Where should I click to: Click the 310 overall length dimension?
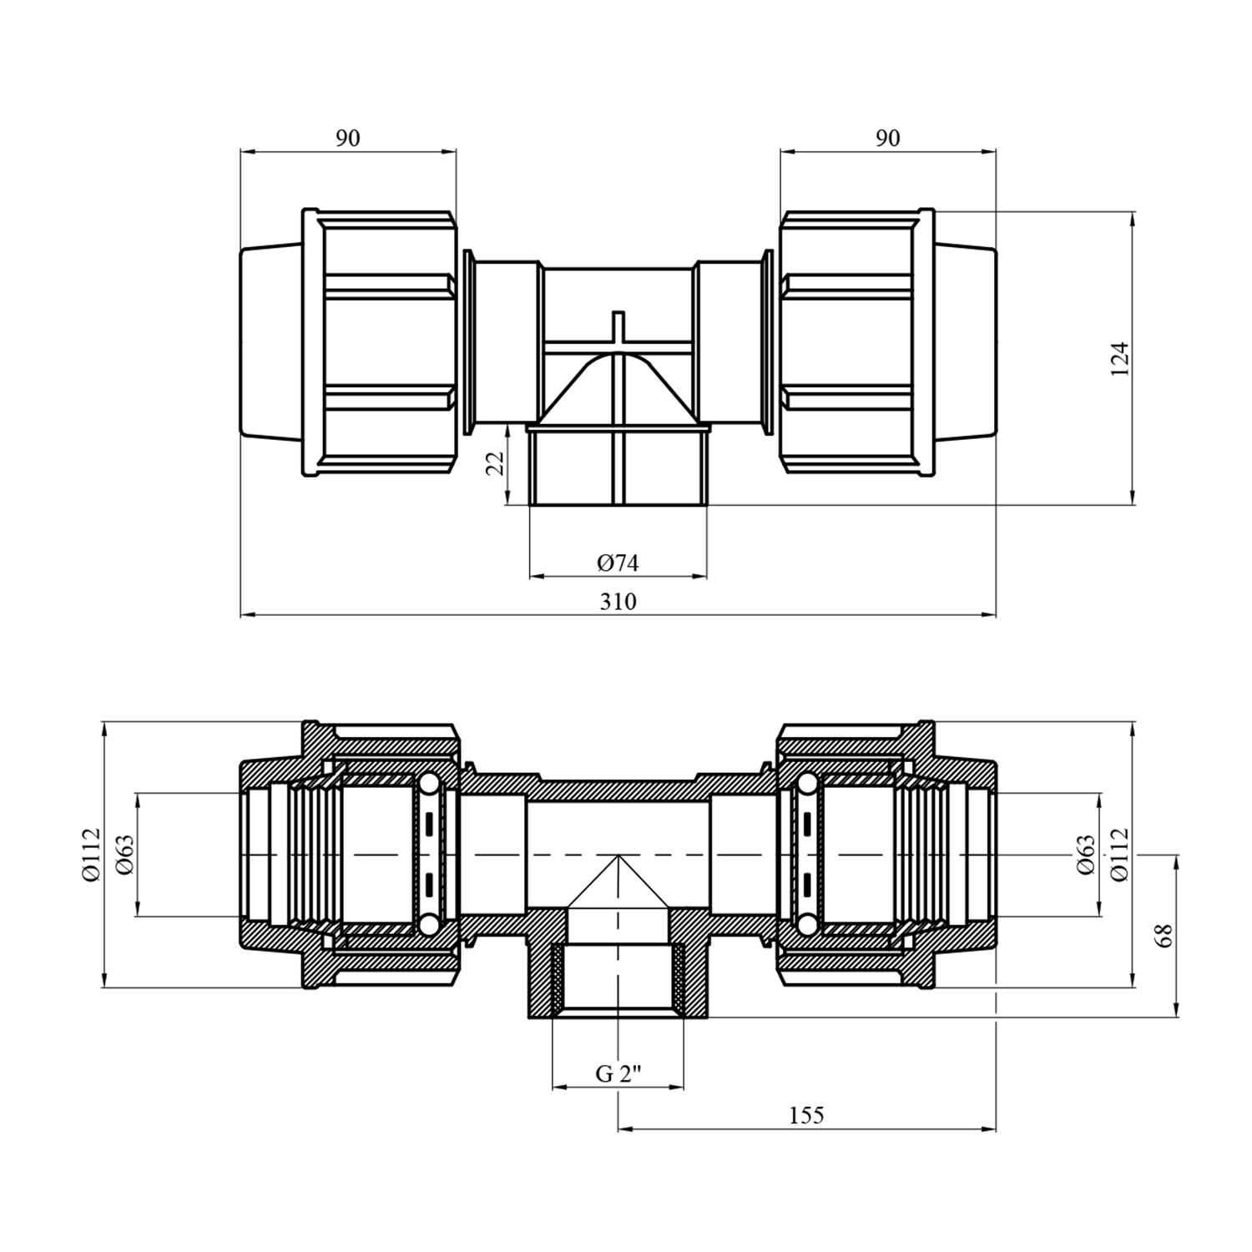[618, 602]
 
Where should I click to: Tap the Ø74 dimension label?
[618, 563]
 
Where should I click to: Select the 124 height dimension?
[1119, 359]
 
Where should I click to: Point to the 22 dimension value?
[495, 463]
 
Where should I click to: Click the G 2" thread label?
[618, 1074]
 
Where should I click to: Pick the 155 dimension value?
[805, 1115]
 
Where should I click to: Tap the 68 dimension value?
[1165, 935]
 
